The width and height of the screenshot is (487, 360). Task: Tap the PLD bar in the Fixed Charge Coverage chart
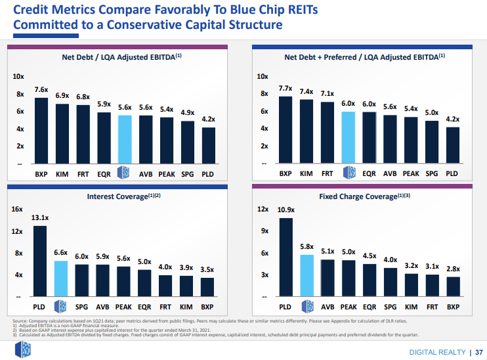(x=286, y=257)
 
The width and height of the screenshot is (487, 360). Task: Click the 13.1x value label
(x=40, y=217)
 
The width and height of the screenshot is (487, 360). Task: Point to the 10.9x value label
(x=286, y=210)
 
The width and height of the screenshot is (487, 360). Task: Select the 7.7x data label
(x=286, y=88)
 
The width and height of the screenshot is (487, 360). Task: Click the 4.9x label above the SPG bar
(x=188, y=112)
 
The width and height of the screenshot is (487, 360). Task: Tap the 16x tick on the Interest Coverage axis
(x=17, y=209)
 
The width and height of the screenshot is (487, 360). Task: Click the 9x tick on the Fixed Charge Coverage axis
(x=264, y=231)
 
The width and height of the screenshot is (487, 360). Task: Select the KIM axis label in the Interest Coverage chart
(x=186, y=307)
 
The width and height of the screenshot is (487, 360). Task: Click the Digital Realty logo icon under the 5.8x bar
(x=307, y=306)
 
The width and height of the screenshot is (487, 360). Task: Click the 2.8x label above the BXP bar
(x=453, y=269)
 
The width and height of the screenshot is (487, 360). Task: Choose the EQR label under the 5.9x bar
(x=104, y=174)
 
